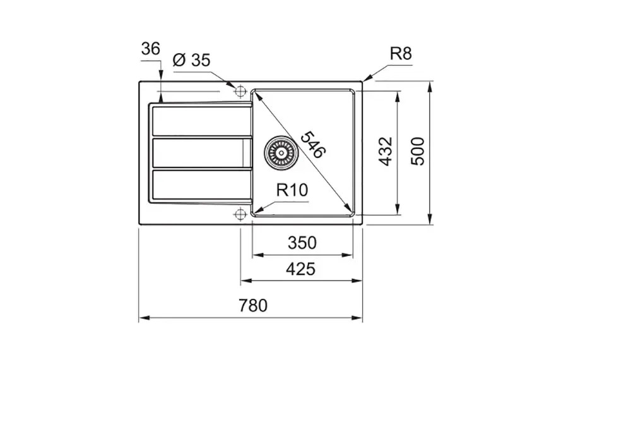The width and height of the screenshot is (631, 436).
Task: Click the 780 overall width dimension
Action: coord(253,305)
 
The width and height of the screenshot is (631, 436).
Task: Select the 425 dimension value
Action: coord(300,269)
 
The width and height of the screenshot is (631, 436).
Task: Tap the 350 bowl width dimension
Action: coord(302,243)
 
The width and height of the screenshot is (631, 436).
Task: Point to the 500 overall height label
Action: coord(418,151)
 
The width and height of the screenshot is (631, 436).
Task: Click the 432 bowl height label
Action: coord(386,152)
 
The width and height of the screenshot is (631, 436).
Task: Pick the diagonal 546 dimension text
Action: coord(313,144)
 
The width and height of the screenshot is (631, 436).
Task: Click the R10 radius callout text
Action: coord(292,190)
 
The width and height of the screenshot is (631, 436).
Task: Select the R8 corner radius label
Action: coord(401,53)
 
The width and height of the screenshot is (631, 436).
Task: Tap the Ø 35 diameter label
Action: coord(192,60)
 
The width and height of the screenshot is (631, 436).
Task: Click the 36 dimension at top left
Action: coord(151,49)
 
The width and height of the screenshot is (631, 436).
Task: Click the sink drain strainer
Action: coord(281,152)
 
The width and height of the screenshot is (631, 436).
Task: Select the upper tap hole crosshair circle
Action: coord(240,92)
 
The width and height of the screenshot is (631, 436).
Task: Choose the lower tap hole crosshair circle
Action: coord(240,214)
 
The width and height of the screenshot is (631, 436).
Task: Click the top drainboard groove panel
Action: coord(202,121)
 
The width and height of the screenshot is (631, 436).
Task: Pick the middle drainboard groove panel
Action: coord(202,153)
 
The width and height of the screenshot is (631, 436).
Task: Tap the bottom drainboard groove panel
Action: coord(202,185)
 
